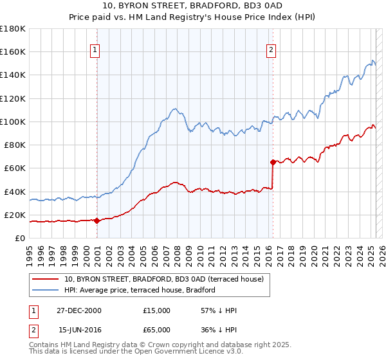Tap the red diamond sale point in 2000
[x=97, y=221]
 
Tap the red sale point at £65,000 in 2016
[x=273, y=162]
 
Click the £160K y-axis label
[x=13, y=52]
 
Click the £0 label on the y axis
[x=20, y=238]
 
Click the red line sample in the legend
[x=46, y=279]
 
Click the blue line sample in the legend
[x=46, y=290]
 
